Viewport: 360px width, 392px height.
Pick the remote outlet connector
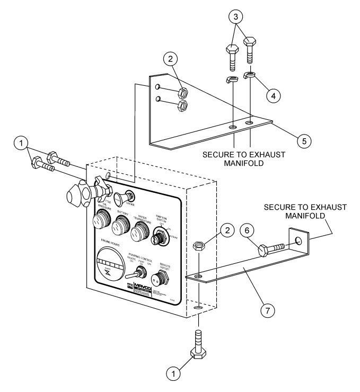(x=157, y=278)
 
